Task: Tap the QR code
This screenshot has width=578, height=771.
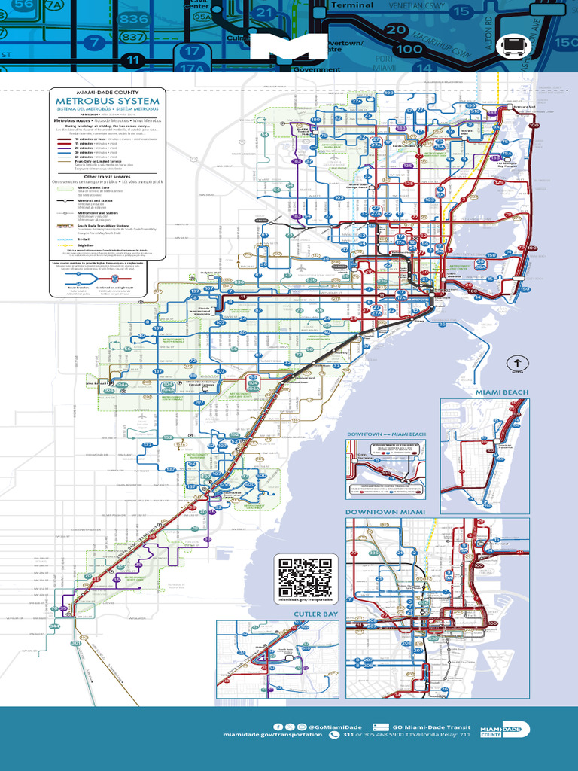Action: click(x=305, y=578)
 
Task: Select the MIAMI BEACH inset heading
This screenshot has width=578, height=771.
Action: click(x=501, y=392)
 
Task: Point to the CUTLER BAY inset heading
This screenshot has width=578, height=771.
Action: click(x=315, y=614)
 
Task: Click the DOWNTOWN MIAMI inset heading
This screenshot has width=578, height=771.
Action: click(x=385, y=512)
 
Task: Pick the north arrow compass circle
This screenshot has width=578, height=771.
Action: click(x=517, y=362)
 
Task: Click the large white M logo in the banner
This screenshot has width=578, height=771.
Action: click(x=289, y=47)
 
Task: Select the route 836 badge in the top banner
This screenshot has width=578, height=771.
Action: click(x=133, y=19)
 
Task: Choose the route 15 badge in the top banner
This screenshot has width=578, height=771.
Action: click(x=462, y=11)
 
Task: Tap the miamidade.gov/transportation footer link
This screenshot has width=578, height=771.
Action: click(x=272, y=734)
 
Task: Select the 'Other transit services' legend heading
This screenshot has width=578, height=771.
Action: click(x=108, y=175)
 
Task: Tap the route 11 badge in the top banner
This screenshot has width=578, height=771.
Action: click(x=134, y=59)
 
